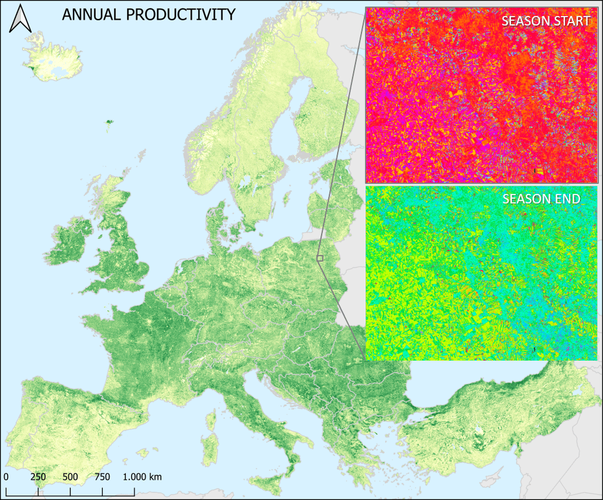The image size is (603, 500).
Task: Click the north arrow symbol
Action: pos(21,19)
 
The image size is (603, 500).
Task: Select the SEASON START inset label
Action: pos(545,21)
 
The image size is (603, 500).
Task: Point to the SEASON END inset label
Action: pos(541,199)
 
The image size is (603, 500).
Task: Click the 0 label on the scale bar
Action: pos(6,477)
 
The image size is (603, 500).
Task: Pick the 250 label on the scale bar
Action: pos(38,477)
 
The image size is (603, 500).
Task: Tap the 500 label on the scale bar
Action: pos(70,477)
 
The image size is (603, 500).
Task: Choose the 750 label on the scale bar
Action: pos(102,477)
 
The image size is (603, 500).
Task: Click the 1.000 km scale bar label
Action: pos(142,477)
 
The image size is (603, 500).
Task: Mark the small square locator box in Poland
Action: pos(320,258)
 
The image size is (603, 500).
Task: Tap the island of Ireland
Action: pos(68,243)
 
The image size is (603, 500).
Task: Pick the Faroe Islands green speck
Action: pos(109,124)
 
